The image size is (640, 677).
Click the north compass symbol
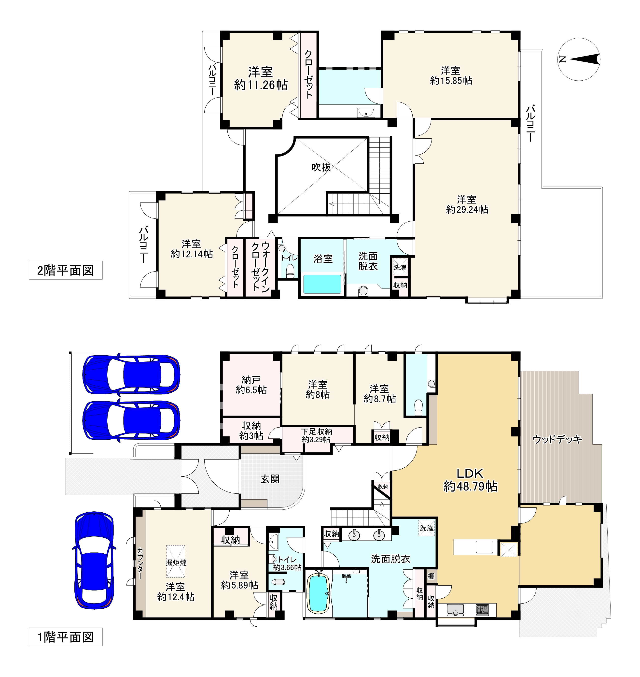(x=579, y=59)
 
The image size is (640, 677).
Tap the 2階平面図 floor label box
(x=66, y=271)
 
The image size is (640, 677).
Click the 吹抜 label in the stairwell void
(x=321, y=167)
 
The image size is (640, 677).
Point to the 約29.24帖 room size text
(x=467, y=209)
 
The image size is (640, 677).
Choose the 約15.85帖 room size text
(x=451, y=81)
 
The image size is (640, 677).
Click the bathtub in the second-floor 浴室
(x=322, y=284)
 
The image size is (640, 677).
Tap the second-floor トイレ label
(x=289, y=258)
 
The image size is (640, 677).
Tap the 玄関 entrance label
(x=270, y=479)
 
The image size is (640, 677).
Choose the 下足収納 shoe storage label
(x=316, y=432)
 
